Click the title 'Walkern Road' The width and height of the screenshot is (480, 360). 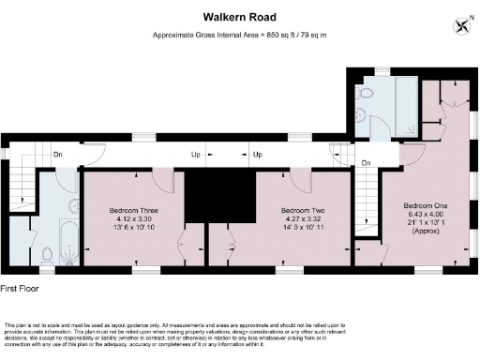239,16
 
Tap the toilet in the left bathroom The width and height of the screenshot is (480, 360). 47,252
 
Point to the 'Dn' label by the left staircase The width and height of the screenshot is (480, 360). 57,154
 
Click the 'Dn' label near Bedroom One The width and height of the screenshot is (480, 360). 367,162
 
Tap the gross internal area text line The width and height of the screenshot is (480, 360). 239,35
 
